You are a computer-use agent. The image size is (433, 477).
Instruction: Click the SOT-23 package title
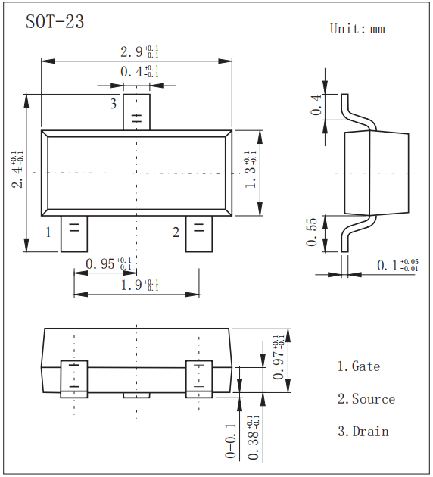[x=55, y=22]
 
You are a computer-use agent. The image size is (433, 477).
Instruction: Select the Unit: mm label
[x=357, y=29]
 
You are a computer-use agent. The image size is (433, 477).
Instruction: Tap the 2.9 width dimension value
[x=139, y=51]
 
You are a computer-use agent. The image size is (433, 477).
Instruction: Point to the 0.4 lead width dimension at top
[x=139, y=72]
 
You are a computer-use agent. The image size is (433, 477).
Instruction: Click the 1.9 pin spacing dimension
[x=140, y=285]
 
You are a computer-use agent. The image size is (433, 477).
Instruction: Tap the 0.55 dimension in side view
[x=313, y=232]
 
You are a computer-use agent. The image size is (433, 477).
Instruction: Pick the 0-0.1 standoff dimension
[x=231, y=441]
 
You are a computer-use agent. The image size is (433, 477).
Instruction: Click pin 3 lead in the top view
[x=137, y=111]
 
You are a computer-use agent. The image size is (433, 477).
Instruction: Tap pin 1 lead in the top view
[x=73, y=233]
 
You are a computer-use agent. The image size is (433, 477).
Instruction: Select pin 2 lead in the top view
[x=199, y=233]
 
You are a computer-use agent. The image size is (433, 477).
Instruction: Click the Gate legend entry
[x=359, y=366]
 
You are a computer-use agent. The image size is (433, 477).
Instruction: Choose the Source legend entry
[x=366, y=399]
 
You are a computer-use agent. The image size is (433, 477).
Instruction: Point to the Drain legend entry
[x=363, y=432]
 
